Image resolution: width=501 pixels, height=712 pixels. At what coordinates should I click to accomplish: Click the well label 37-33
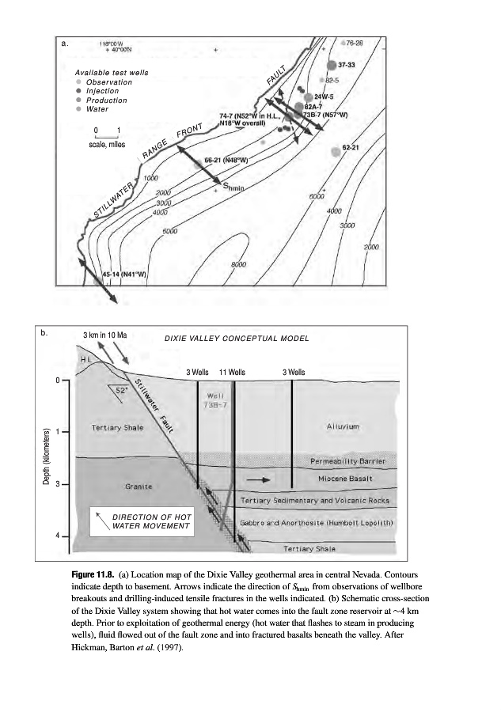coord(346,64)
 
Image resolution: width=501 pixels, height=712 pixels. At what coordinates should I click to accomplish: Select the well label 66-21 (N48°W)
coord(226,160)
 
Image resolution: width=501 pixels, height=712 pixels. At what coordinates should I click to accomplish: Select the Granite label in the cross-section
coord(139,485)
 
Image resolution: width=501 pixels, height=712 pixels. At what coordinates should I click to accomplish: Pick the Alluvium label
coord(343,426)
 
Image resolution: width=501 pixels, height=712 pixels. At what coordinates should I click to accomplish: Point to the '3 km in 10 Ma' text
coord(105,335)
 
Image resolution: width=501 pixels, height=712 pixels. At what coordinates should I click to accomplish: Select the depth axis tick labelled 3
coord(58,483)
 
